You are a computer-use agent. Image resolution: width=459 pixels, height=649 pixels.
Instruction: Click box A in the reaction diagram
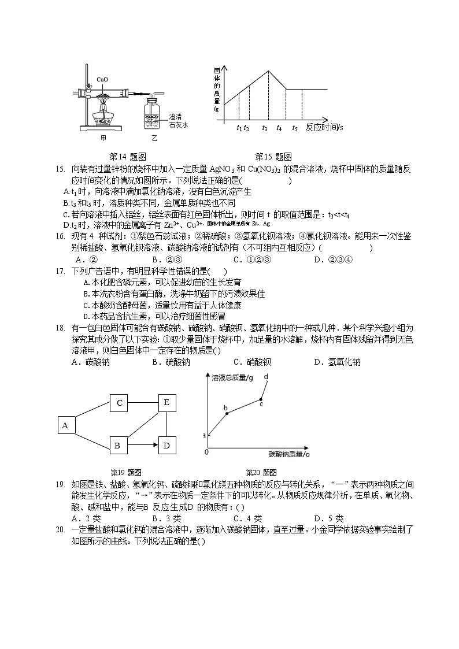(65, 425)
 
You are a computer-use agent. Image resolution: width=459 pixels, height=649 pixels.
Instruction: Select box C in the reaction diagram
(119, 403)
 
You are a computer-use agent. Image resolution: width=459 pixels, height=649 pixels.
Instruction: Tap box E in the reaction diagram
(166, 403)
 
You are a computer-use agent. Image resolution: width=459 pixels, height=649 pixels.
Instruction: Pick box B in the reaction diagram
(117, 446)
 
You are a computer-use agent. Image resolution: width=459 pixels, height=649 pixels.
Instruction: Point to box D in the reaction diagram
(166, 446)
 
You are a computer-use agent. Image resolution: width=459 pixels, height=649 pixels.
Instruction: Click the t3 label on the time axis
(265, 128)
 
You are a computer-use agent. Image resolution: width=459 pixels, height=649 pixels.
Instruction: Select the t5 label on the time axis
(295, 128)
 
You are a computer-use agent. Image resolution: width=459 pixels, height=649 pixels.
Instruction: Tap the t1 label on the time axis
(239, 128)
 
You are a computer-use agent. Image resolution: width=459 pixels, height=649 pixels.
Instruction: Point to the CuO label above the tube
(102, 79)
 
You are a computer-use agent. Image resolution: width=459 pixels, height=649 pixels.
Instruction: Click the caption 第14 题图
(127, 157)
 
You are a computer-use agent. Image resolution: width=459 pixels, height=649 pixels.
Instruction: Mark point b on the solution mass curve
(227, 413)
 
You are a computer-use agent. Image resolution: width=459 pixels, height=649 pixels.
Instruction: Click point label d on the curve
(266, 377)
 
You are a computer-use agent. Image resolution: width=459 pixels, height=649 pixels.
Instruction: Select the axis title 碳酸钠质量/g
(289, 454)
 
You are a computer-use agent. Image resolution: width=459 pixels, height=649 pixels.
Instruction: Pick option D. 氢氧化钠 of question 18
(337, 362)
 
